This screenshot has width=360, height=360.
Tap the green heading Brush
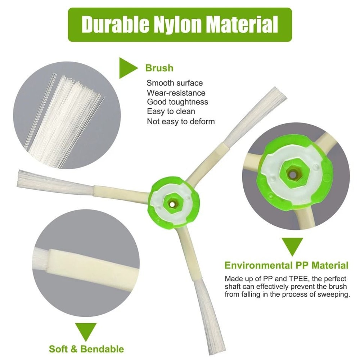click(x=159, y=68)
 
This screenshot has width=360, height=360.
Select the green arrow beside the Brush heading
click(x=127, y=67)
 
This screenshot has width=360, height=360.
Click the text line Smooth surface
click(x=175, y=83)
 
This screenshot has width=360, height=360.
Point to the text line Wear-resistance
click(x=176, y=93)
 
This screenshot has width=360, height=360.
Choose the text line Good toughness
click(x=177, y=102)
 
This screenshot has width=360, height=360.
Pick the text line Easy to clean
click(x=171, y=112)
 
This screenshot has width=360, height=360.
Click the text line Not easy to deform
click(x=181, y=121)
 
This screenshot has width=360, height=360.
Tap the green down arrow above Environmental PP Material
click(x=292, y=248)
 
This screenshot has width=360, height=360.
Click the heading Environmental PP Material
click(x=287, y=266)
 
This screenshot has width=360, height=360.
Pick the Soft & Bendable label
click(x=86, y=349)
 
